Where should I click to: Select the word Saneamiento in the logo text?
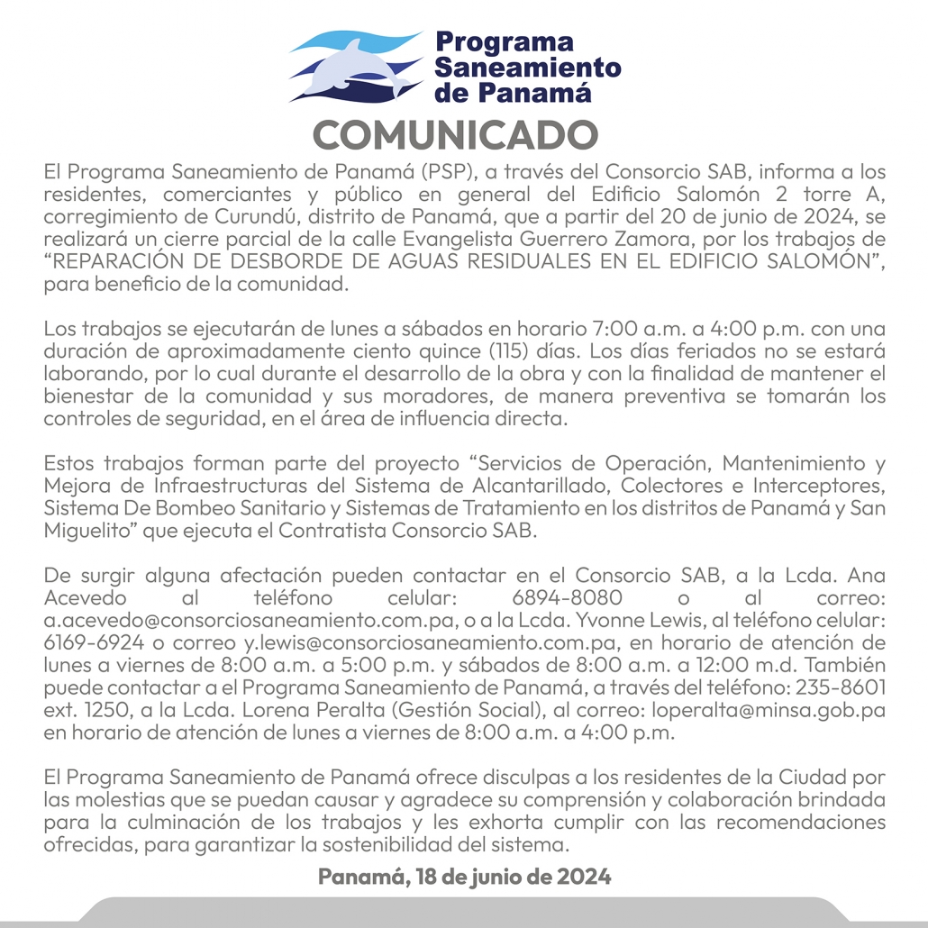pyautogui.click(x=527, y=68)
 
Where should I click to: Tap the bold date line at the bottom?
pyautogui.click(x=464, y=876)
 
